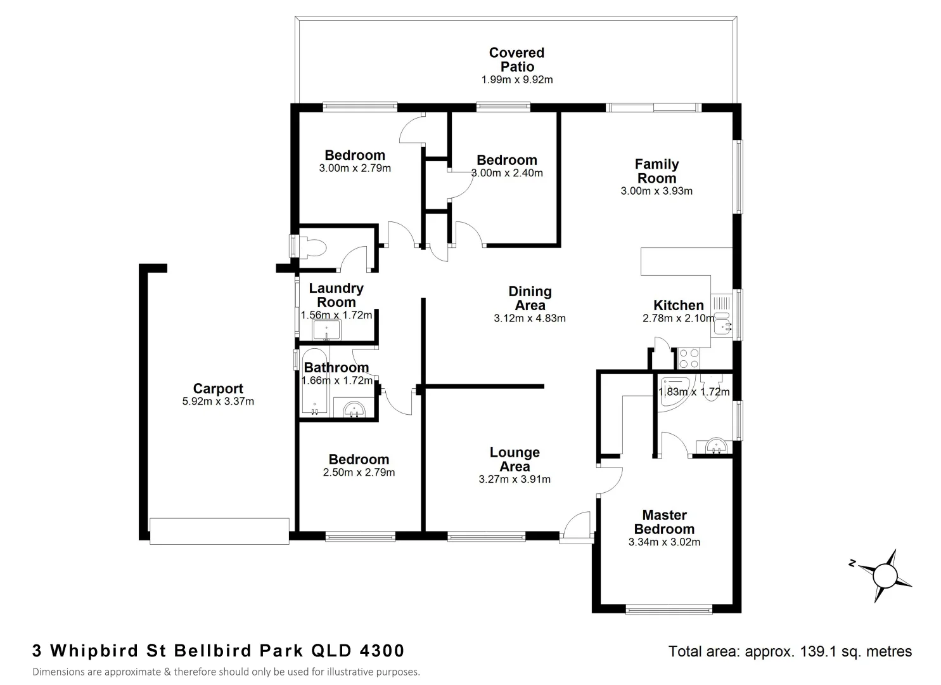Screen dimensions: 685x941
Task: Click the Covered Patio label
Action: (516, 60)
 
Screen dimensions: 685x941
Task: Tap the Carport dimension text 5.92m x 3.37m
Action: (217, 401)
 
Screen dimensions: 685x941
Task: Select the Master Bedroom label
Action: (664, 522)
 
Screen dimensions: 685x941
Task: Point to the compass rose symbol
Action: (885, 575)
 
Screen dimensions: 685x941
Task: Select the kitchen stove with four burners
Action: (689, 358)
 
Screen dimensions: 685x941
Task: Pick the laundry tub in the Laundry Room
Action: (326, 330)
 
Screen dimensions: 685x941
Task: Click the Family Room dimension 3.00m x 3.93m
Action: (656, 191)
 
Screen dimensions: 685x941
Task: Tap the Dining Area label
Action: (530, 298)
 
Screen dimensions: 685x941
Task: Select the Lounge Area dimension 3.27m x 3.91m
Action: (515, 480)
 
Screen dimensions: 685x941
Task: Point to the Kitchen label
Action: (678, 305)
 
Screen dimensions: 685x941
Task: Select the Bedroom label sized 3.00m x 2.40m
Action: (506, 160)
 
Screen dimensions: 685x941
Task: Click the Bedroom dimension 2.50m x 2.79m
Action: (359, 473)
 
